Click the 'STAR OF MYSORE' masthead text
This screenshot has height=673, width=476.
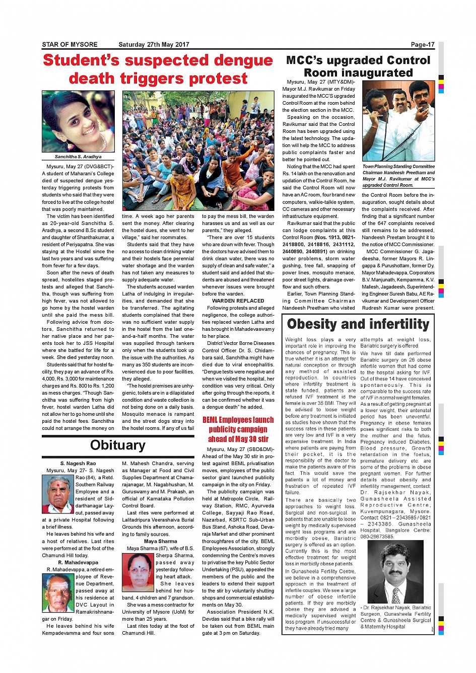click(70, 44)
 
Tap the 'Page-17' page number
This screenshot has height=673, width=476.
click(422, 44)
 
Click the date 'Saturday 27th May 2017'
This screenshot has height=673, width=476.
click(154, 44)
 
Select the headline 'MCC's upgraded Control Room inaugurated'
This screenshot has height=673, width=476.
click(358, 66)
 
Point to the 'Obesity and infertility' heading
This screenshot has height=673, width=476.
click(358, 324)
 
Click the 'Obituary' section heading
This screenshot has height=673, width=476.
click(117, 445)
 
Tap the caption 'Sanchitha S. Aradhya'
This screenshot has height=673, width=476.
click(78, 157)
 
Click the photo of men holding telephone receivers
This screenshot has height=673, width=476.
click(398, 121)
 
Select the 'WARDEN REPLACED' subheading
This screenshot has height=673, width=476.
click(238, 301)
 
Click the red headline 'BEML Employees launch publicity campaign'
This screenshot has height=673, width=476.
click(238, 429)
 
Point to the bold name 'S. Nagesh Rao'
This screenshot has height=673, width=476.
click(78, 463)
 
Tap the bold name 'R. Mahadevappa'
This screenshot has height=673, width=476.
click(78, 562)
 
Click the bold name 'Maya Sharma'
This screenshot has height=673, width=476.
click(160, 541)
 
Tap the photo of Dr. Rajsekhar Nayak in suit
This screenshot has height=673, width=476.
click(395, 572)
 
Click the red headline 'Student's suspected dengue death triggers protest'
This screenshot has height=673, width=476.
click(158, 69)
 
